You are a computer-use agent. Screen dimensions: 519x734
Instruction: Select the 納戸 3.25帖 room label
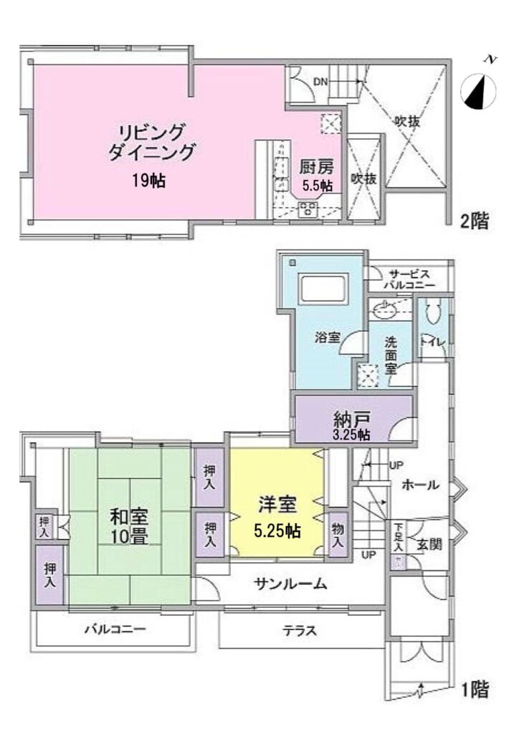pos(352,424)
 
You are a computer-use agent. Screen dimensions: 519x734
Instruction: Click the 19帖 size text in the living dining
pos(148,181)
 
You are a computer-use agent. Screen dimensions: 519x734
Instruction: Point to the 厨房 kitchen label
pos(316,166)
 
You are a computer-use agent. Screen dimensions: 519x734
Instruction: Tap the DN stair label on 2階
pos(320,82)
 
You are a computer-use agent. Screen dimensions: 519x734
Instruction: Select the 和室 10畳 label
pos(129,526)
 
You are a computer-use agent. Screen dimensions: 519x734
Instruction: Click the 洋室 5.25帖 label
pos(277,518)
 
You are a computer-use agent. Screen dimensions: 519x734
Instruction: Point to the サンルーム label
pos(290,583)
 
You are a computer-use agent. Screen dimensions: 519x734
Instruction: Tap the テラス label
pos(300,631)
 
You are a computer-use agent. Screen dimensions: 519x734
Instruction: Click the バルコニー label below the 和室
pos(115,629)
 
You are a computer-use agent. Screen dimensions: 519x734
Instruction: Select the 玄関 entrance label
pos(429,545)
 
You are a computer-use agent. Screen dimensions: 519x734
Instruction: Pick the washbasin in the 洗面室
pos(384,308)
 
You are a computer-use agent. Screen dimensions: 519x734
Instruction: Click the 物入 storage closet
pos(338,535)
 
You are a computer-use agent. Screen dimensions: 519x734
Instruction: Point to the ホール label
pos(421,485)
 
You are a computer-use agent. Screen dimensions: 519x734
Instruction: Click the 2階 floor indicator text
pos(475,221)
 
